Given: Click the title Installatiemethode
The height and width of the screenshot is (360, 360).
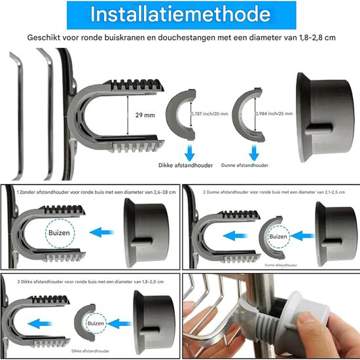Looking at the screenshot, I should [180, 14].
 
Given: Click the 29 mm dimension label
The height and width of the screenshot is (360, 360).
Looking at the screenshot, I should [145, 115].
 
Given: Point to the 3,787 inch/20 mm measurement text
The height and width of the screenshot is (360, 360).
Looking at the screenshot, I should [209, 113].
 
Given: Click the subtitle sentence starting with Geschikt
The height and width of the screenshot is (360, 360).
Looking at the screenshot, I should [181, 38].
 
